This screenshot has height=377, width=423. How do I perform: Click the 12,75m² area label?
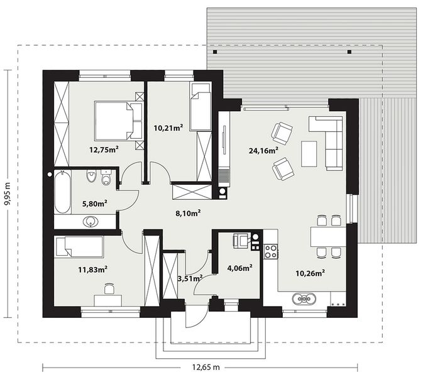coord(104,149)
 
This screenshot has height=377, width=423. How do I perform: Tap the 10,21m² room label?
coord(168,128)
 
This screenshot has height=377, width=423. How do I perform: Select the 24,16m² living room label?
coord(263,150)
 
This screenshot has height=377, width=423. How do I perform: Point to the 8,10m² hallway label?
coord(188,212)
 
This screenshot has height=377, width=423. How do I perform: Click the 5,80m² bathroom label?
coord(94,202)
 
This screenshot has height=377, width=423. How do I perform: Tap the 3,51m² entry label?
coord(189,277)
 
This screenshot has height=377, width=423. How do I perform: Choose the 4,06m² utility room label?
coord(239,268)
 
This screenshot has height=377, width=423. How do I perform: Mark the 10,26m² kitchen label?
coord(310,273)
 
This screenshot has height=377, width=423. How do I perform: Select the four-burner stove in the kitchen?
coord(271,251)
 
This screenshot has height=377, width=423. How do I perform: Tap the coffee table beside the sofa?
coord(309,153)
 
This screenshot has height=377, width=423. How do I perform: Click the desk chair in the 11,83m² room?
coord(108,288)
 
